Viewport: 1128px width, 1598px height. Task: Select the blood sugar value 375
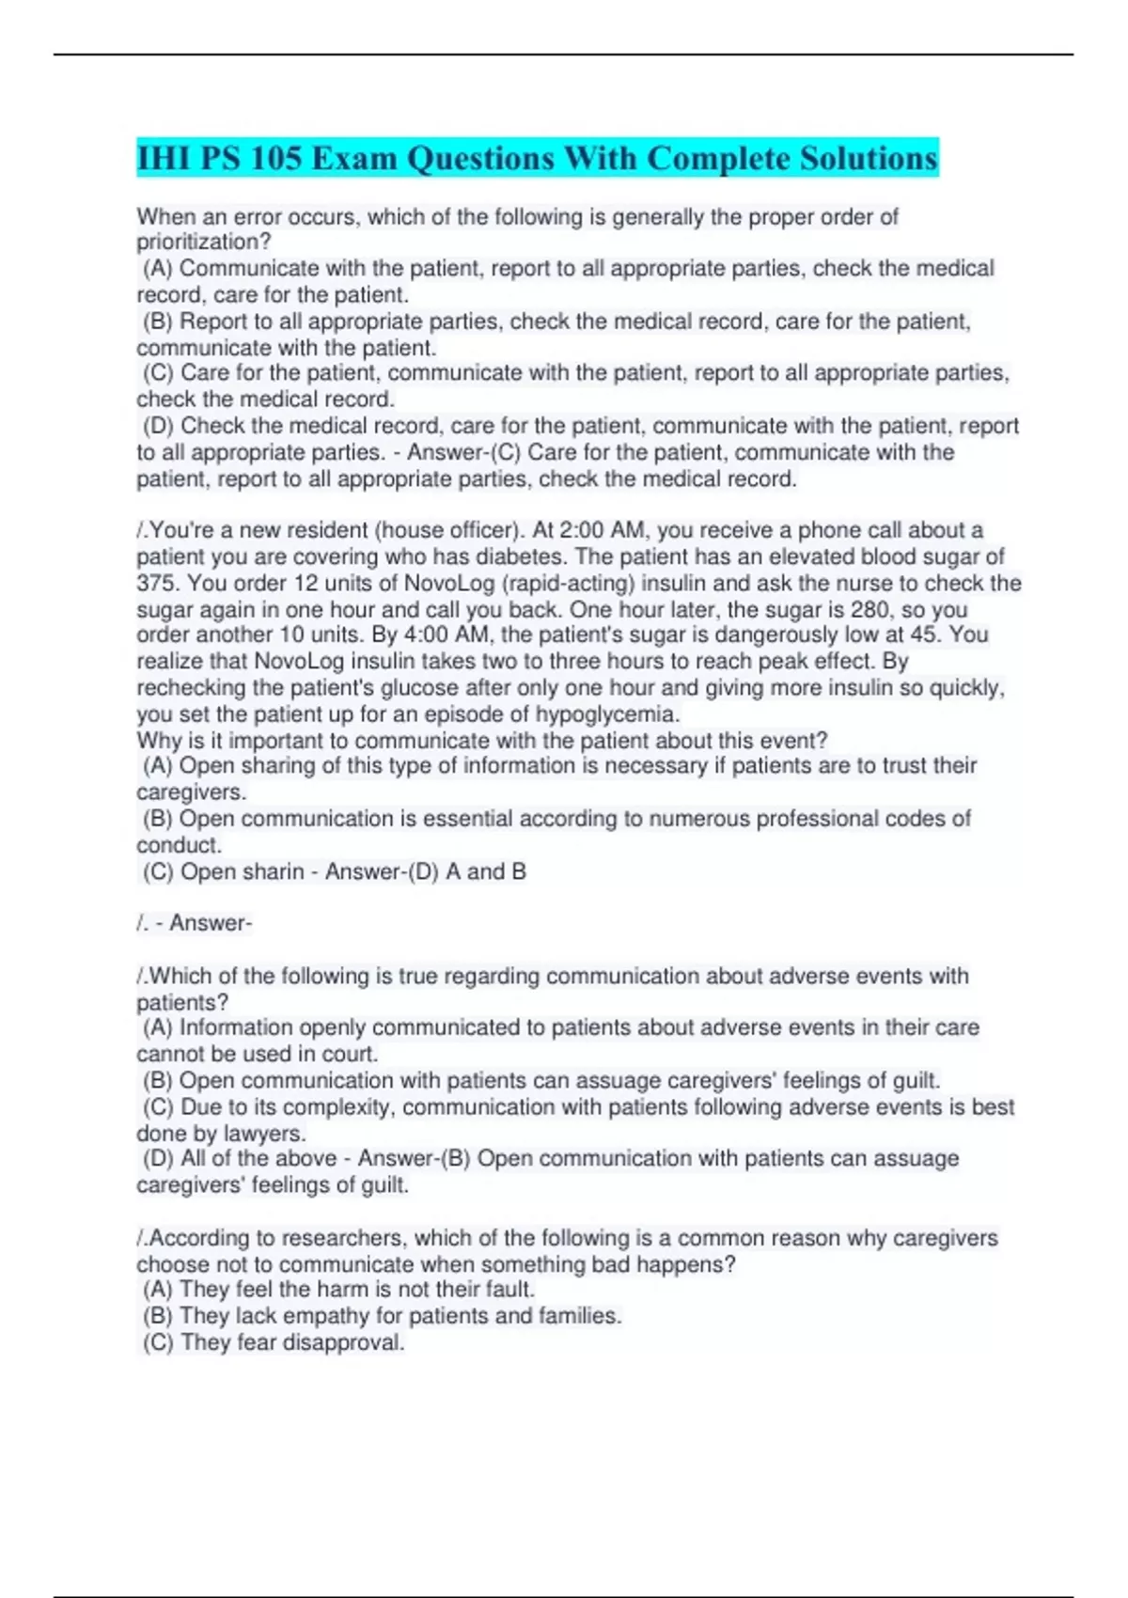click(156, 583)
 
